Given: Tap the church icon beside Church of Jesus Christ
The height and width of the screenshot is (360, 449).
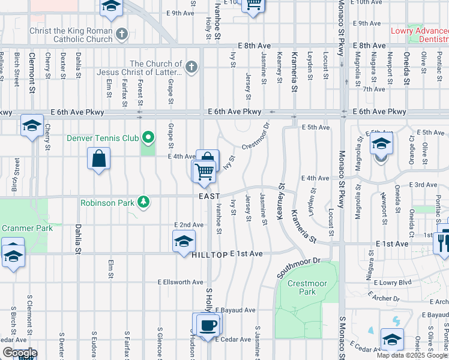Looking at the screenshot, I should [191, 66].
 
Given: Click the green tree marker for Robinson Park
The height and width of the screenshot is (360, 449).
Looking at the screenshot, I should [143, 202].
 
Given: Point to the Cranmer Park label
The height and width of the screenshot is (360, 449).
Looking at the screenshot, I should [27, 228].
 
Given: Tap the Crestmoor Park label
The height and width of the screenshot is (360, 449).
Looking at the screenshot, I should [301, 287].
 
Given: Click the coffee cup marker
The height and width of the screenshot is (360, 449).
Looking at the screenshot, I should [208, 325].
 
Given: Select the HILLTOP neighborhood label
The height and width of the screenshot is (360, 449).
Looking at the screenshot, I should [209, 254].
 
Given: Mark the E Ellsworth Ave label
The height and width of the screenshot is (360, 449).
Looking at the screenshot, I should [181, 281].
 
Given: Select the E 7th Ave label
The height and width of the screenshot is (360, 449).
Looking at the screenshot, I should [373, 89].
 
